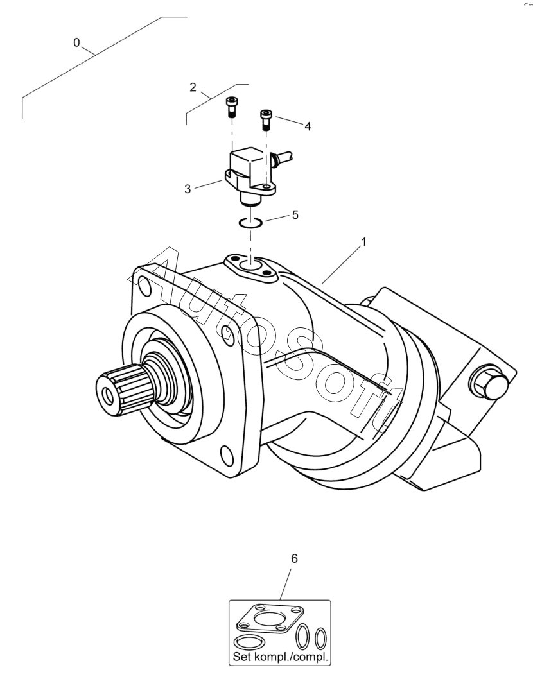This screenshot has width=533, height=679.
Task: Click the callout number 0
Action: click(x=77, y=43)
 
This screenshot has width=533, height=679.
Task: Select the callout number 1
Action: click(x=363, y=243)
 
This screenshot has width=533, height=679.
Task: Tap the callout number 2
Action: click(x=192, y=87)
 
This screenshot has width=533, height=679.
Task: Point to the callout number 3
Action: click(x=188, y=190)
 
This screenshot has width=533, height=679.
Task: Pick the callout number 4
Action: click(x=308, y=127)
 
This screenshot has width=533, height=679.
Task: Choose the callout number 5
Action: click(x=295, y=215)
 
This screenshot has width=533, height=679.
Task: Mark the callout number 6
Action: click(x=295, y=559)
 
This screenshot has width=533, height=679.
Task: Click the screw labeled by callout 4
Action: click(x=266, y=119)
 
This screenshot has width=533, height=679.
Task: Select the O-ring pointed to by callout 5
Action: click(x=249, y=223)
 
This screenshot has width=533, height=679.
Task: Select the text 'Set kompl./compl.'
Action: click(x=279, y=657)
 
